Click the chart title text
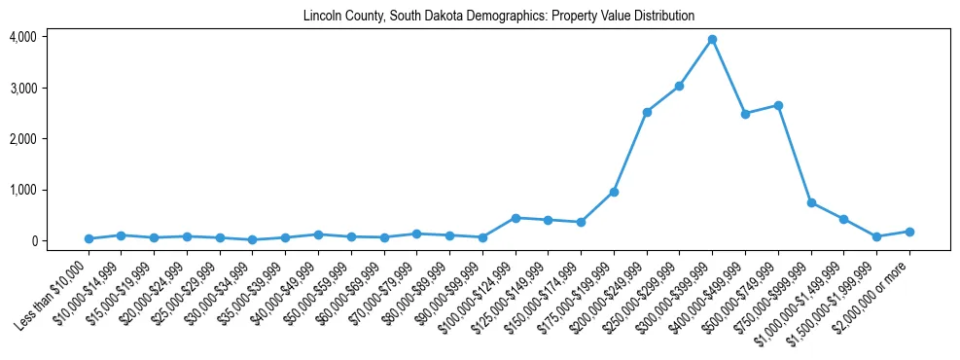tap(499, 17)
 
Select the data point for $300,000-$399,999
tap(712, 40)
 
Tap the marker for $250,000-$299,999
tap(679, 87)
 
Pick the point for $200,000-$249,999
tap(647, 112)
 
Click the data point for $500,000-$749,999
tap(778, 105)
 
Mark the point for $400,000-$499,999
tap(745, 114)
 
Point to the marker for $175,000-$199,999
tap(614, 192)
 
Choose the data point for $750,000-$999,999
tap(811, 202)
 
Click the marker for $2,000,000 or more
tap(909, 232)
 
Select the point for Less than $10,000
tap(89, 238)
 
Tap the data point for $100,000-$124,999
tap(516, 218)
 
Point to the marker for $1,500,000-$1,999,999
tap(876, 236)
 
